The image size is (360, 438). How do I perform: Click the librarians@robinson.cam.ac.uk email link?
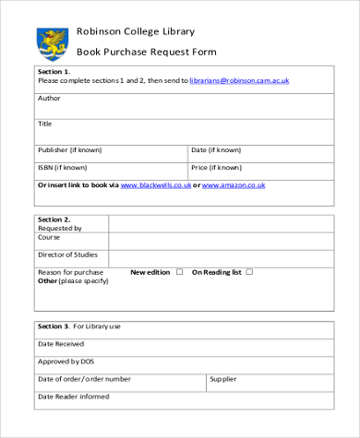click(239, 81)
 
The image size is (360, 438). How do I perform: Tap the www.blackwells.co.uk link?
click(156, 185)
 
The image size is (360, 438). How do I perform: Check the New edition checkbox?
click(180, 272)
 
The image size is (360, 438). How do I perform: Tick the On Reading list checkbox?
click(249, 272)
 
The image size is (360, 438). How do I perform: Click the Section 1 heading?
click(54, 71)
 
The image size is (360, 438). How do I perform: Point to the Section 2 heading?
click(54, 219)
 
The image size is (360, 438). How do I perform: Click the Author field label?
click(48, 98)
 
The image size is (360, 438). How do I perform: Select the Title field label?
click(45, 124)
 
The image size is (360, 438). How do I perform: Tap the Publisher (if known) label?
click(70, 149)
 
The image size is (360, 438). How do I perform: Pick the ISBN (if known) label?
click(63, 167)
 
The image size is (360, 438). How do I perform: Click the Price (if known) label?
click(216, 167)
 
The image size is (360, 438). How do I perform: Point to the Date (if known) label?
click(216, 149)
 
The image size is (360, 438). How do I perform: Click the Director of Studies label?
click(67, 254)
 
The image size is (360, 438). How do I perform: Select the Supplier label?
click(223, 378)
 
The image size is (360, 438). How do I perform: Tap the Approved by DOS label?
click(66, 361)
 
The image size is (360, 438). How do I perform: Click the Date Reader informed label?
click(73, 397)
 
